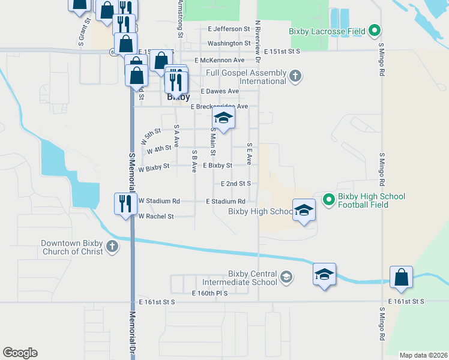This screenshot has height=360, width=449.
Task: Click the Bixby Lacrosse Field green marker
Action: (x=375, y=29)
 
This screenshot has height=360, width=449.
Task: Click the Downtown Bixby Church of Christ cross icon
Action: (x=112, y=247)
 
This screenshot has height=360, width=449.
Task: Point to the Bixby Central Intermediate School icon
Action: (x=287, y=277)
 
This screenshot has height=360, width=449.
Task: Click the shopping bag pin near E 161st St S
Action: (x=401, y=277)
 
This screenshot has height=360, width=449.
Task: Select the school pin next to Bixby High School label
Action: (x=304, y=209)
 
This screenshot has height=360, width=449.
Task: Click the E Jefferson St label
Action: (x=229, y=29)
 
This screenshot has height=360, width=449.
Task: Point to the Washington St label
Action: (x=229, y=44)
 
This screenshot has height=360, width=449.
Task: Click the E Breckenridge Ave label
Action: (x=219, y=107)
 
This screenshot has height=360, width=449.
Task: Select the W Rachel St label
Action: (x=156, y=217)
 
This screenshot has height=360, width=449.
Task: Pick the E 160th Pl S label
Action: (x=210, y=293)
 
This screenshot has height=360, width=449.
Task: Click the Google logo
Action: (x=20, y=353)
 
